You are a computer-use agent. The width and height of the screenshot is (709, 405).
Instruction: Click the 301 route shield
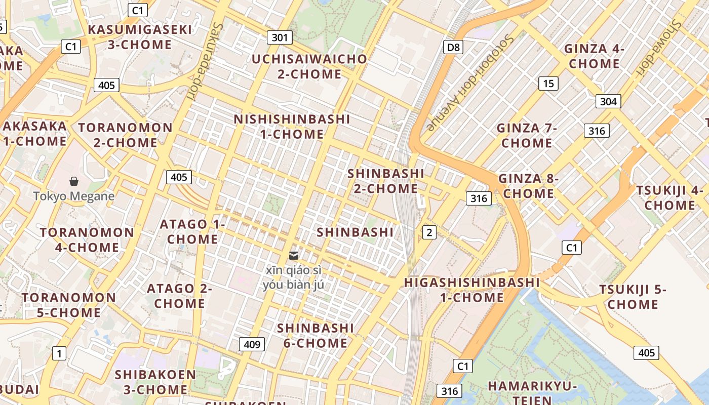pos(279,37)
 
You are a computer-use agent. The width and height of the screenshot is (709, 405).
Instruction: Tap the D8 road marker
pos(453,48)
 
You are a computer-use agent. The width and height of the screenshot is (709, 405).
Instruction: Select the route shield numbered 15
pos(548,83)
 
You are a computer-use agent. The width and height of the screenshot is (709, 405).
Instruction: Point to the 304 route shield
pos(608,101)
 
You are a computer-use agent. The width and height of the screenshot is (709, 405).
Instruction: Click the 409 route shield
pos(252,345)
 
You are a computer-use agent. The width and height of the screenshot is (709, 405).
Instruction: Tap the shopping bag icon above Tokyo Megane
pos(74,181)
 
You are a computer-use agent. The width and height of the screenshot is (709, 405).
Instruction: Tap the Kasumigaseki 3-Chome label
pos(140,37)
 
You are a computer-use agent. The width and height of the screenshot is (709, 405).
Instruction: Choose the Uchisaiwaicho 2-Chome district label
pos(309,66)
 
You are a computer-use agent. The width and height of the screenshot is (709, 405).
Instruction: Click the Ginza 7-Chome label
pos(527,135)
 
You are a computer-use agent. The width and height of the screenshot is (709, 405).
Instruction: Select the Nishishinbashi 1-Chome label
pos(292,127)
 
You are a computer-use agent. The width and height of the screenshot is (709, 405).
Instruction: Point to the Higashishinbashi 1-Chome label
pos(472,290)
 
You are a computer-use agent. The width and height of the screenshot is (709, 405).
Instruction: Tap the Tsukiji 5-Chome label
pos(633,297)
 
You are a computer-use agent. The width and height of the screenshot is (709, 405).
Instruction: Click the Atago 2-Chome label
pos(180,296)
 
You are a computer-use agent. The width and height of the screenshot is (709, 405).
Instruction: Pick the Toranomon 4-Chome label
pos(87,240)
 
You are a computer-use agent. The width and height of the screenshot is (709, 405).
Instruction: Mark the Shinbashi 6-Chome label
pos(316,335)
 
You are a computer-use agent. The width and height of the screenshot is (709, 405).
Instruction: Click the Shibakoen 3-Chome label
pos(155,382)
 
